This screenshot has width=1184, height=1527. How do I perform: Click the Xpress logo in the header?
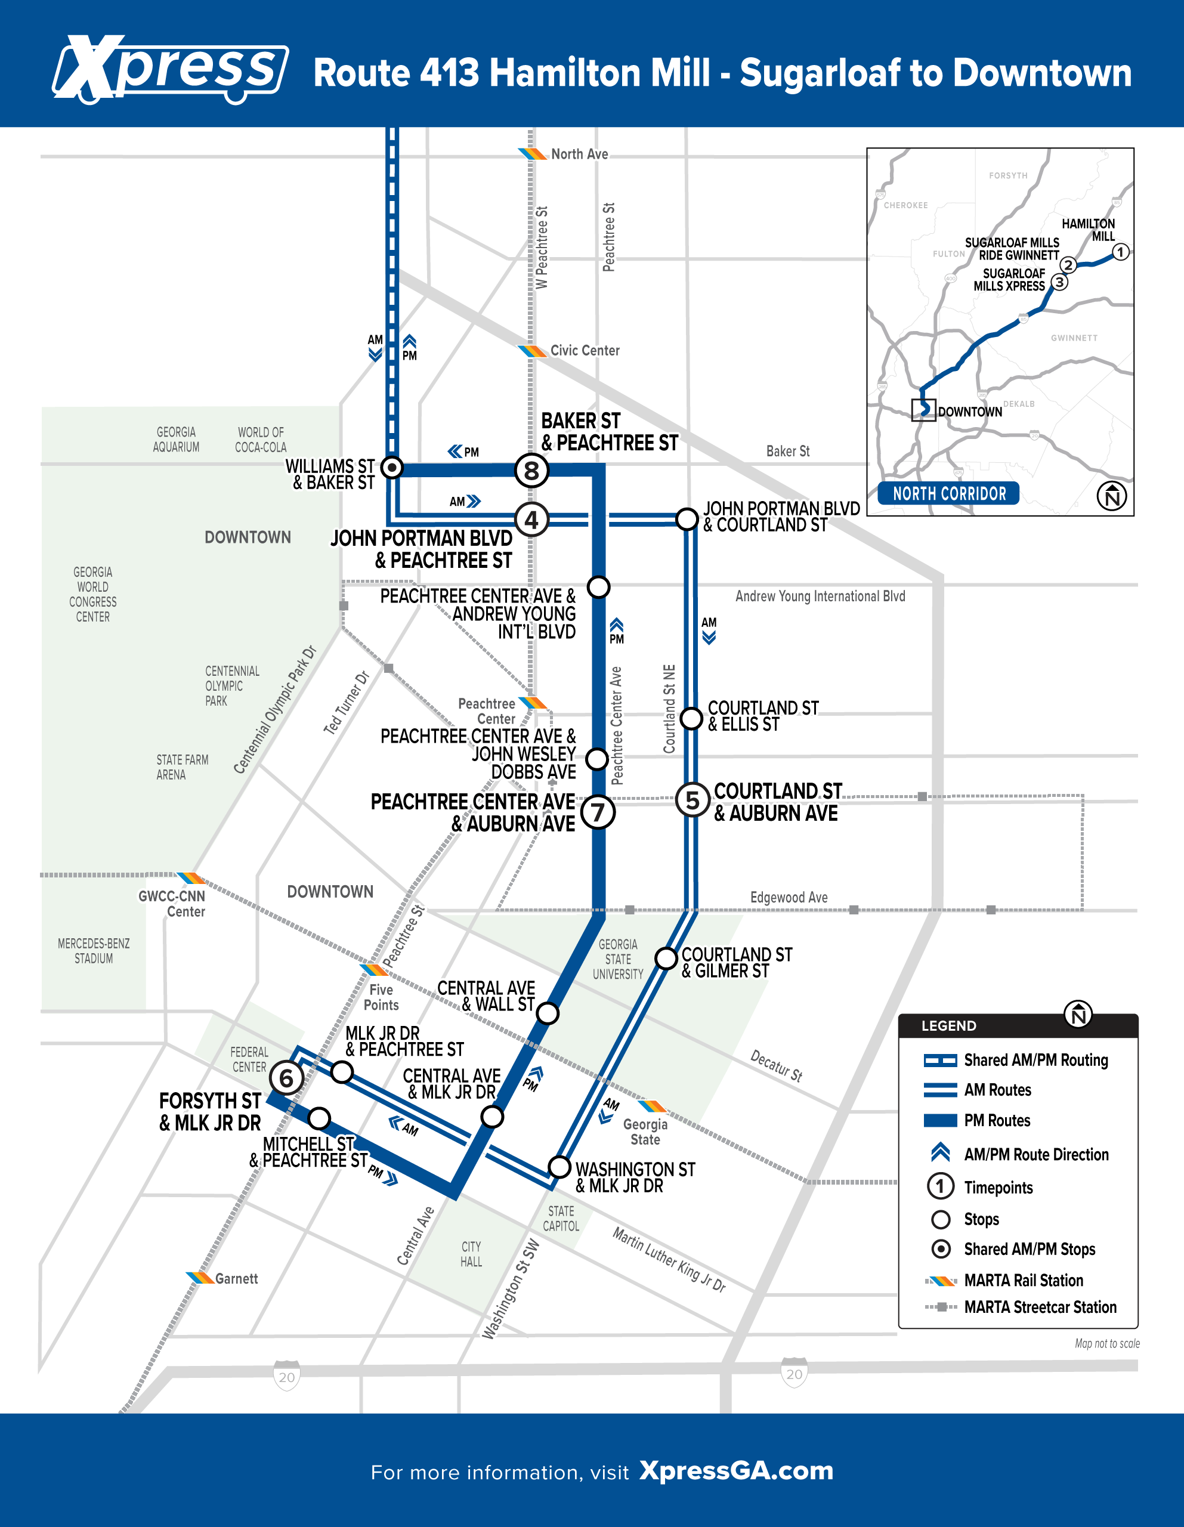click(170, 69)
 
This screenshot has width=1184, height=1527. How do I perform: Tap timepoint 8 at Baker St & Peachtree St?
click(531, 471)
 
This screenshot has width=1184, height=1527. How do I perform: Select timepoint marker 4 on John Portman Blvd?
click(531, 520)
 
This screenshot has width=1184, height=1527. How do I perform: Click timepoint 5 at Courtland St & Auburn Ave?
click(693, 800)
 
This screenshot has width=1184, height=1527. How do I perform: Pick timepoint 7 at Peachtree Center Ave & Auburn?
click(598, 812)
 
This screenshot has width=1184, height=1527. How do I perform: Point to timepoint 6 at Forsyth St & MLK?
click(286, 1078)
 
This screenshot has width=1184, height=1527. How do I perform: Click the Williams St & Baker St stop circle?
click(392, 467)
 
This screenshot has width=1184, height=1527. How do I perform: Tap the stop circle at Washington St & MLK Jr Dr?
click(559, 1167)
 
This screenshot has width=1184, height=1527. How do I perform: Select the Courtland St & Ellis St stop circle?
click(691, 718)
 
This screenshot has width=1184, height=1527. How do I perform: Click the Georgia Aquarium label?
click(176, 440)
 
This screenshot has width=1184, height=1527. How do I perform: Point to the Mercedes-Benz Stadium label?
click(94, 951)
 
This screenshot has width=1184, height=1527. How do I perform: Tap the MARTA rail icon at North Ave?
click(532, 154)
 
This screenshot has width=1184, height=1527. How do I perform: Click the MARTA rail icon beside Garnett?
click(200, 1278)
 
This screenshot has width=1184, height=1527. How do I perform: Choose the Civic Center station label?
click(585, 350)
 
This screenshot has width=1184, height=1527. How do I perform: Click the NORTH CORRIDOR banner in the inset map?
click(949, 494)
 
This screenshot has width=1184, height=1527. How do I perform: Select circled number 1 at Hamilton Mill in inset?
click(1120, 252)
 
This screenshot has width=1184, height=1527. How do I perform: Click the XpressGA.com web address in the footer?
click(737, 1470)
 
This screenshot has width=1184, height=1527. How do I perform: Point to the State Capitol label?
click(561, 1219)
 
